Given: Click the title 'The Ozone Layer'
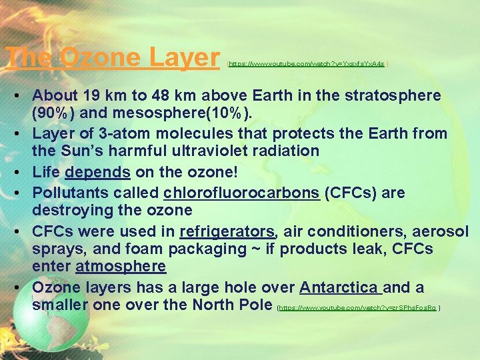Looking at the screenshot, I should pyautogui.click(x=113, y=58).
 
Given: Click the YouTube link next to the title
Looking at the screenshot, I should pyautogui.click(x=307, y=63).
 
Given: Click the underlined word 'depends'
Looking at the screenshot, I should pyautogui.click(x=97, y=173).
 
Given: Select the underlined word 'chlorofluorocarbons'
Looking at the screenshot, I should pyautogui.click(x=241, y=193).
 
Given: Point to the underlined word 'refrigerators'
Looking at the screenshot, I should pyautogui.click(x=227, y=232).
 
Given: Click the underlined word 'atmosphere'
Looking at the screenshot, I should pyautogui.click(x=121, y=267).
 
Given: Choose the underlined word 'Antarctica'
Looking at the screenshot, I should pyautogui.click(x=339, y=288).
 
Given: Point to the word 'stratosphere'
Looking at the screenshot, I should pyautogui.click(x=391, y=95).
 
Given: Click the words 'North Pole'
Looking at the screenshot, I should pyautogui.click(x=231, y=305).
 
